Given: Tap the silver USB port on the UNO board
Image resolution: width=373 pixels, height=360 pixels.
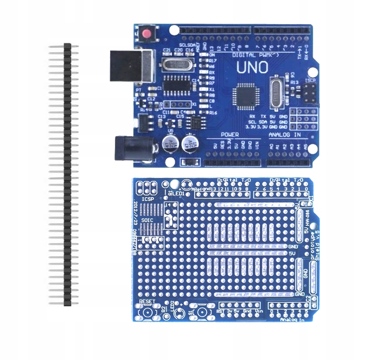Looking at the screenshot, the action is click(132, 66).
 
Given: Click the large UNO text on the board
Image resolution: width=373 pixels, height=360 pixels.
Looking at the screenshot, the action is click(252, 68).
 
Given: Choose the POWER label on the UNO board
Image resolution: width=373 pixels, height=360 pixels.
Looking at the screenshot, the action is click(230, 135).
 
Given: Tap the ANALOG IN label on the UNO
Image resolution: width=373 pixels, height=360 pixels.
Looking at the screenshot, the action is click(284, 135).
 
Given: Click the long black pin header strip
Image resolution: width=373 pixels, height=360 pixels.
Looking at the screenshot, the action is click(68, 174).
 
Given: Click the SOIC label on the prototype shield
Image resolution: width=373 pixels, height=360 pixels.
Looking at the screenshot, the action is click(147, 220).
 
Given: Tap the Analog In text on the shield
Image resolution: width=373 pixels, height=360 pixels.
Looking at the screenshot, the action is click(292, 320).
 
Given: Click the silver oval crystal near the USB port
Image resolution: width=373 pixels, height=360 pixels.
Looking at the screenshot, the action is click(177, 64).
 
